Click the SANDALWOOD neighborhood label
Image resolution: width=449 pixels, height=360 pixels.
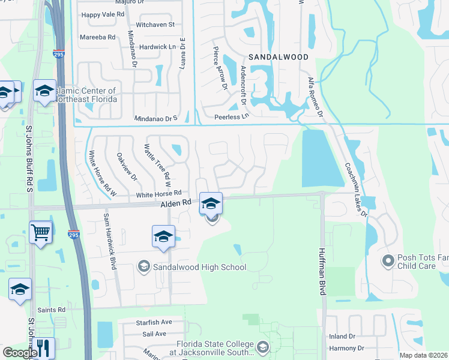click(279, 57)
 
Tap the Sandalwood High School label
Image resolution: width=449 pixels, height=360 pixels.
click(200, 267)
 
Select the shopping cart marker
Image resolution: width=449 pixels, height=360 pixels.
click(40, 231)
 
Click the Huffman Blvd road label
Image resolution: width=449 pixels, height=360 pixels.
click(322, 272)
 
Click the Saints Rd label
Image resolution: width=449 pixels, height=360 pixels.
click(51, 310)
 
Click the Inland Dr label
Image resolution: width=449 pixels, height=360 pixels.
click(343, 337)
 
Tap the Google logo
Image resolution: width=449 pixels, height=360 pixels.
click(19, 353)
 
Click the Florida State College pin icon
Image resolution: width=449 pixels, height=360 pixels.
click(262, 347)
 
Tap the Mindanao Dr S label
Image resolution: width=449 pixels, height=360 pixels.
click(156, 119)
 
